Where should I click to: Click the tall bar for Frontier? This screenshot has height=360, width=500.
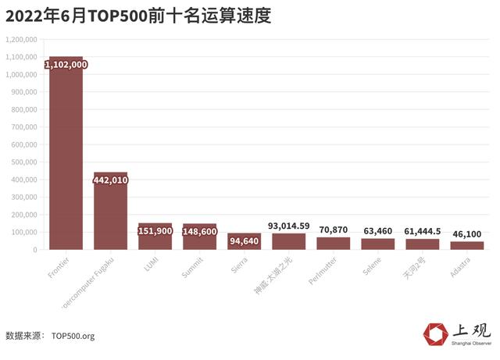[x=66, y=156]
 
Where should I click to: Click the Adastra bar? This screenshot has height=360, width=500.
[x=467, y=245]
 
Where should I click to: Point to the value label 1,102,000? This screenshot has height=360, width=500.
[x=66, y=65]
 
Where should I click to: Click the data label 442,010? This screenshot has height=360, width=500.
[x=110, y=180]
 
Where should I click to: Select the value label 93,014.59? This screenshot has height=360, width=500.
[x=288, y=226]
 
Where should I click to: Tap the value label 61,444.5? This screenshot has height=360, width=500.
[x=423, y=232]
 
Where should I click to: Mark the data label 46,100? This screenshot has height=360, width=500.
[x=467, y=234]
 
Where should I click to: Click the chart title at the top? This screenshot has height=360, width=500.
[x=137, y=16]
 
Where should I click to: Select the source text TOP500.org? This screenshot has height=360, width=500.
[x=73, y=336]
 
